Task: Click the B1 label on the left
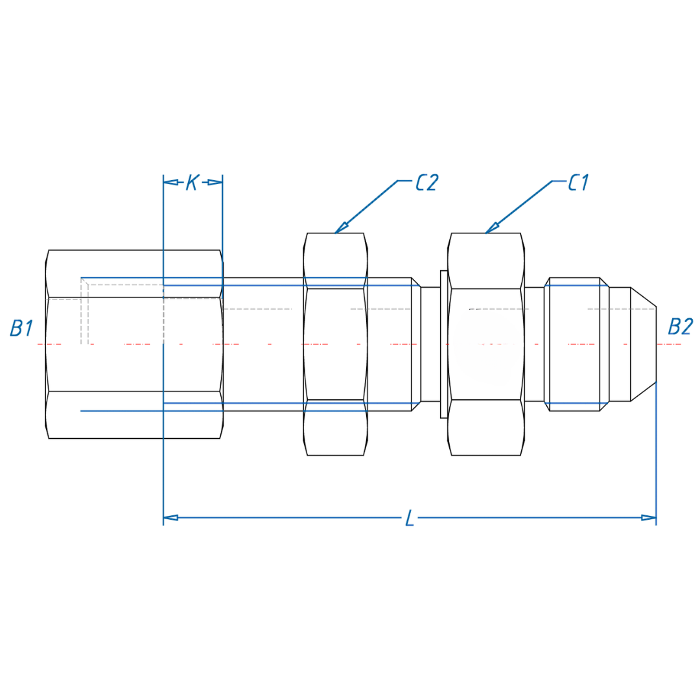click(21, 328)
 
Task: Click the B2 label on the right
click(681, 327)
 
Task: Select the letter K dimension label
click(192, 183)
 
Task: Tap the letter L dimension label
click(410, 518)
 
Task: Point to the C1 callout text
click(577, 183)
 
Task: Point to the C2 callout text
click(427, 183)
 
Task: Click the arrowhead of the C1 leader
click(491, 228)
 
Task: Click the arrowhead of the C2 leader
click(341, 228)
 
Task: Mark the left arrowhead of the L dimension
click(170, 517)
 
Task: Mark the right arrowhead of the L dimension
click(648, 517)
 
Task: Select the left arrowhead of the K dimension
click(170, 182)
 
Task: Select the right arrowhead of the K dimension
click(215, 182)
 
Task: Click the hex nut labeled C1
click(485, 344)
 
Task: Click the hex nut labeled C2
click(336, 344)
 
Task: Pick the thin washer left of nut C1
click(443, 344)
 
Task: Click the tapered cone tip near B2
click(644, 344)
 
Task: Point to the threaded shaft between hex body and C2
click(263, 344)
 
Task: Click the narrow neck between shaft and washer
click(430, 344)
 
